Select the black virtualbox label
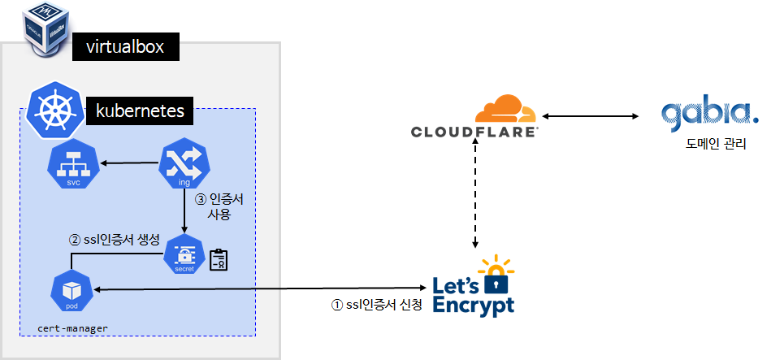(126, 47)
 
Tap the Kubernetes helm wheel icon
(54, 111)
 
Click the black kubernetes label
(141, 110)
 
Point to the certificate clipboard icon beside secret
(218, 259)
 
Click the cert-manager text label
(73, 327)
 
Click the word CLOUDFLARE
(474, 132)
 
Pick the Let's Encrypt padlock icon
(496, 275)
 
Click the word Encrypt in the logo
(474, 305)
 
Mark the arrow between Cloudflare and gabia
(589, 117)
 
